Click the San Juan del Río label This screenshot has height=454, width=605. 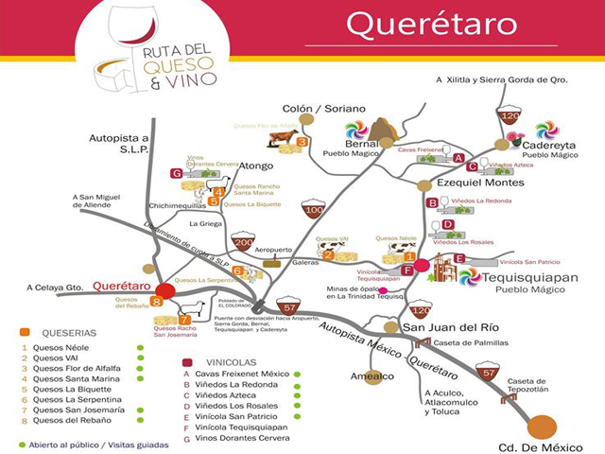(x=439, y=327)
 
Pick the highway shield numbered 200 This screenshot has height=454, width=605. (x=243, y=242)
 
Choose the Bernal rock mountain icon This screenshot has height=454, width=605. (x=384, y=130)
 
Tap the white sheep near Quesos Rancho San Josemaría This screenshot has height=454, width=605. (x=193, y=309)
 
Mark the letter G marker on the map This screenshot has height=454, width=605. (x=176, y=173)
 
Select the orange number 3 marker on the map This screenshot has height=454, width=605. (x=302, y=142)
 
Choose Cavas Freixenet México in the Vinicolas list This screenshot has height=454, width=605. (x=240, y=373)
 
